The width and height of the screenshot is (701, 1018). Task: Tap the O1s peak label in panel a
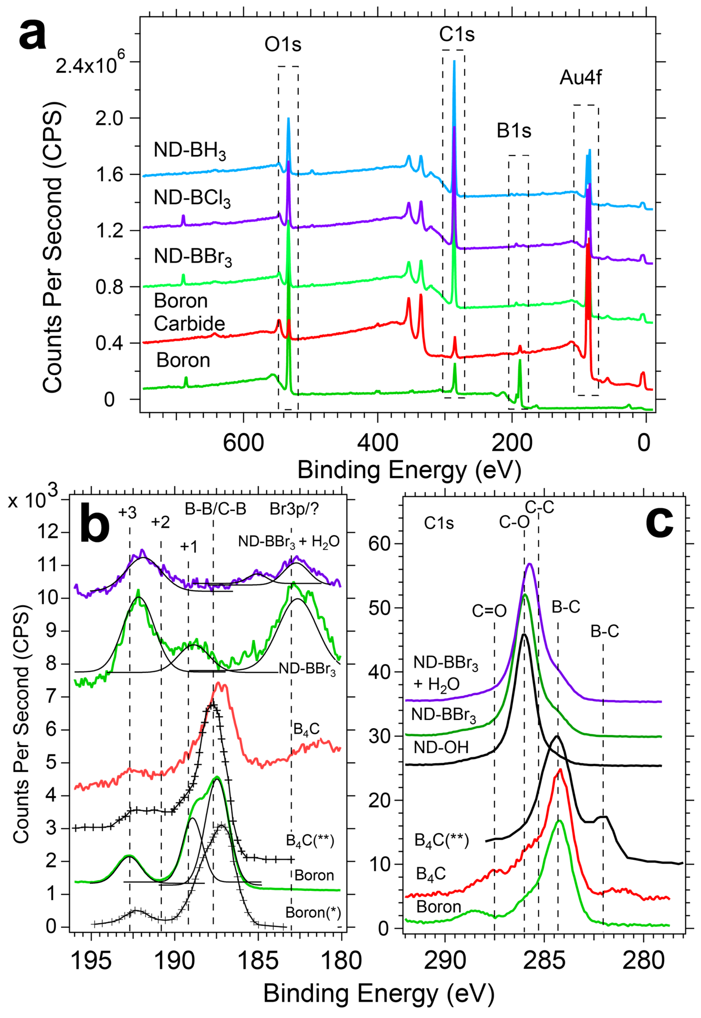tap(283, 44)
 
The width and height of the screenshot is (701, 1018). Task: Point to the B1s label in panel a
tap(514, 131)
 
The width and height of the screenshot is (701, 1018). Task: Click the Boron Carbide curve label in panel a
tap(189, 312)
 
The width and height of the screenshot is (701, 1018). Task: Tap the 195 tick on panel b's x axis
tap(91, 961)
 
